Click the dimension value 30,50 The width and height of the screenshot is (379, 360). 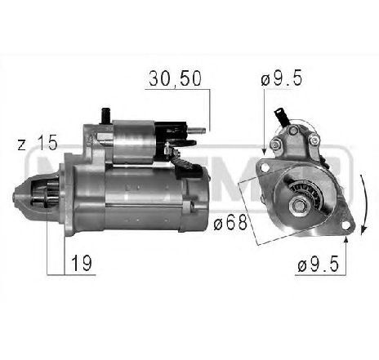pyautogui.click(x=173, y=78)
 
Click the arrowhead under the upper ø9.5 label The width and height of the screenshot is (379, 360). pyautogui.click(x=264, y=148)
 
